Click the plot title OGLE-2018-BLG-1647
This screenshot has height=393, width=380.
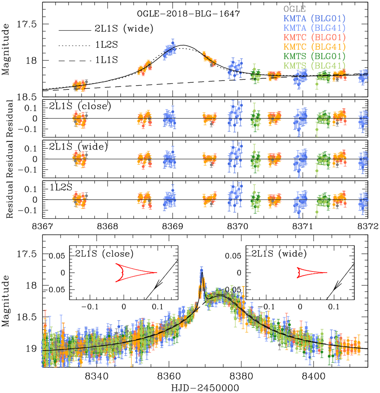point(188,14)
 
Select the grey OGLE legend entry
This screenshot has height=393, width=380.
point(294,9)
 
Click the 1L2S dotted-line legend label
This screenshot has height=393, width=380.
point(106,45)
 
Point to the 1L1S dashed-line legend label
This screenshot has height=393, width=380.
point(106,60)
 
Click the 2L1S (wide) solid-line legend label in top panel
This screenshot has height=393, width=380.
point(124,29)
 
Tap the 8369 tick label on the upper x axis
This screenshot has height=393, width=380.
point(173,227)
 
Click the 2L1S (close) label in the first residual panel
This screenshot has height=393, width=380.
point(80,106)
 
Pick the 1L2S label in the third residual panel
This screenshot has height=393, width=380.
point(61,187)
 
